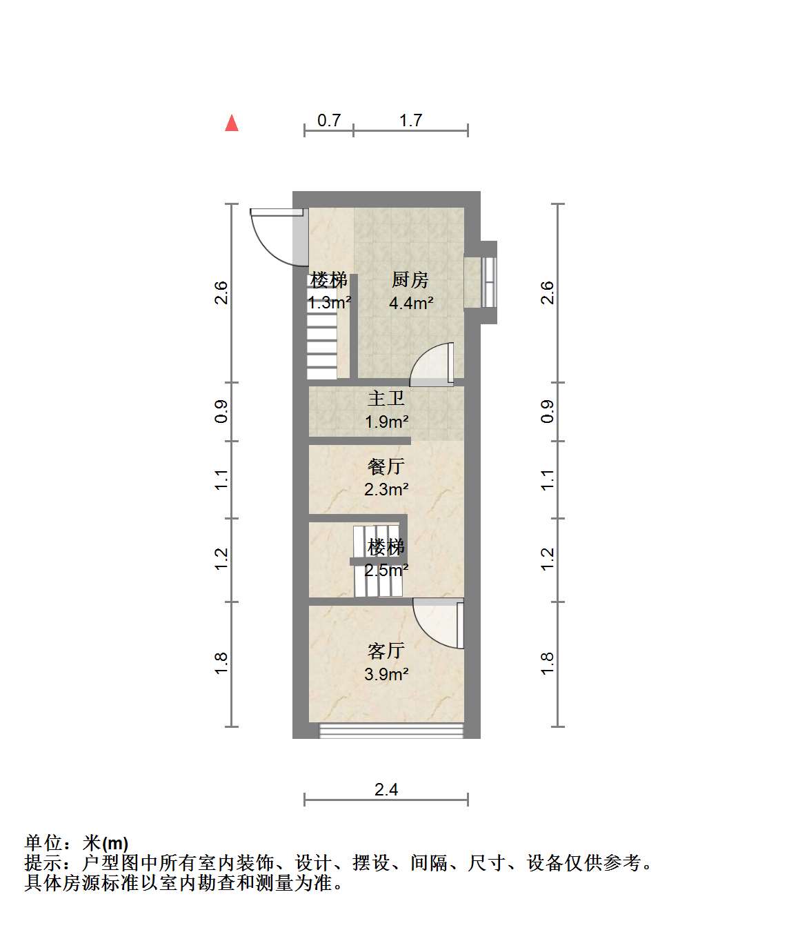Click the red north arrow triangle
(232, 123)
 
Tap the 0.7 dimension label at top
(329, 121)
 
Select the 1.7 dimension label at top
(410, 121)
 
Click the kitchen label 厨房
(410, 280)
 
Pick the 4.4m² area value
(411, 303)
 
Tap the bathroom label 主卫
(386, 399)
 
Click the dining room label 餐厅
(386, 466)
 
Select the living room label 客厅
(386, 651)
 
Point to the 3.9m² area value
(386, 674)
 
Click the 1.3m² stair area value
(329, 302)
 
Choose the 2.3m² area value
(386, 489)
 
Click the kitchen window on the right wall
(488, 282)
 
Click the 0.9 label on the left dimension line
(221, 412)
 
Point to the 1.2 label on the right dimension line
(547, 560)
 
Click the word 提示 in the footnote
(43, 863)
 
